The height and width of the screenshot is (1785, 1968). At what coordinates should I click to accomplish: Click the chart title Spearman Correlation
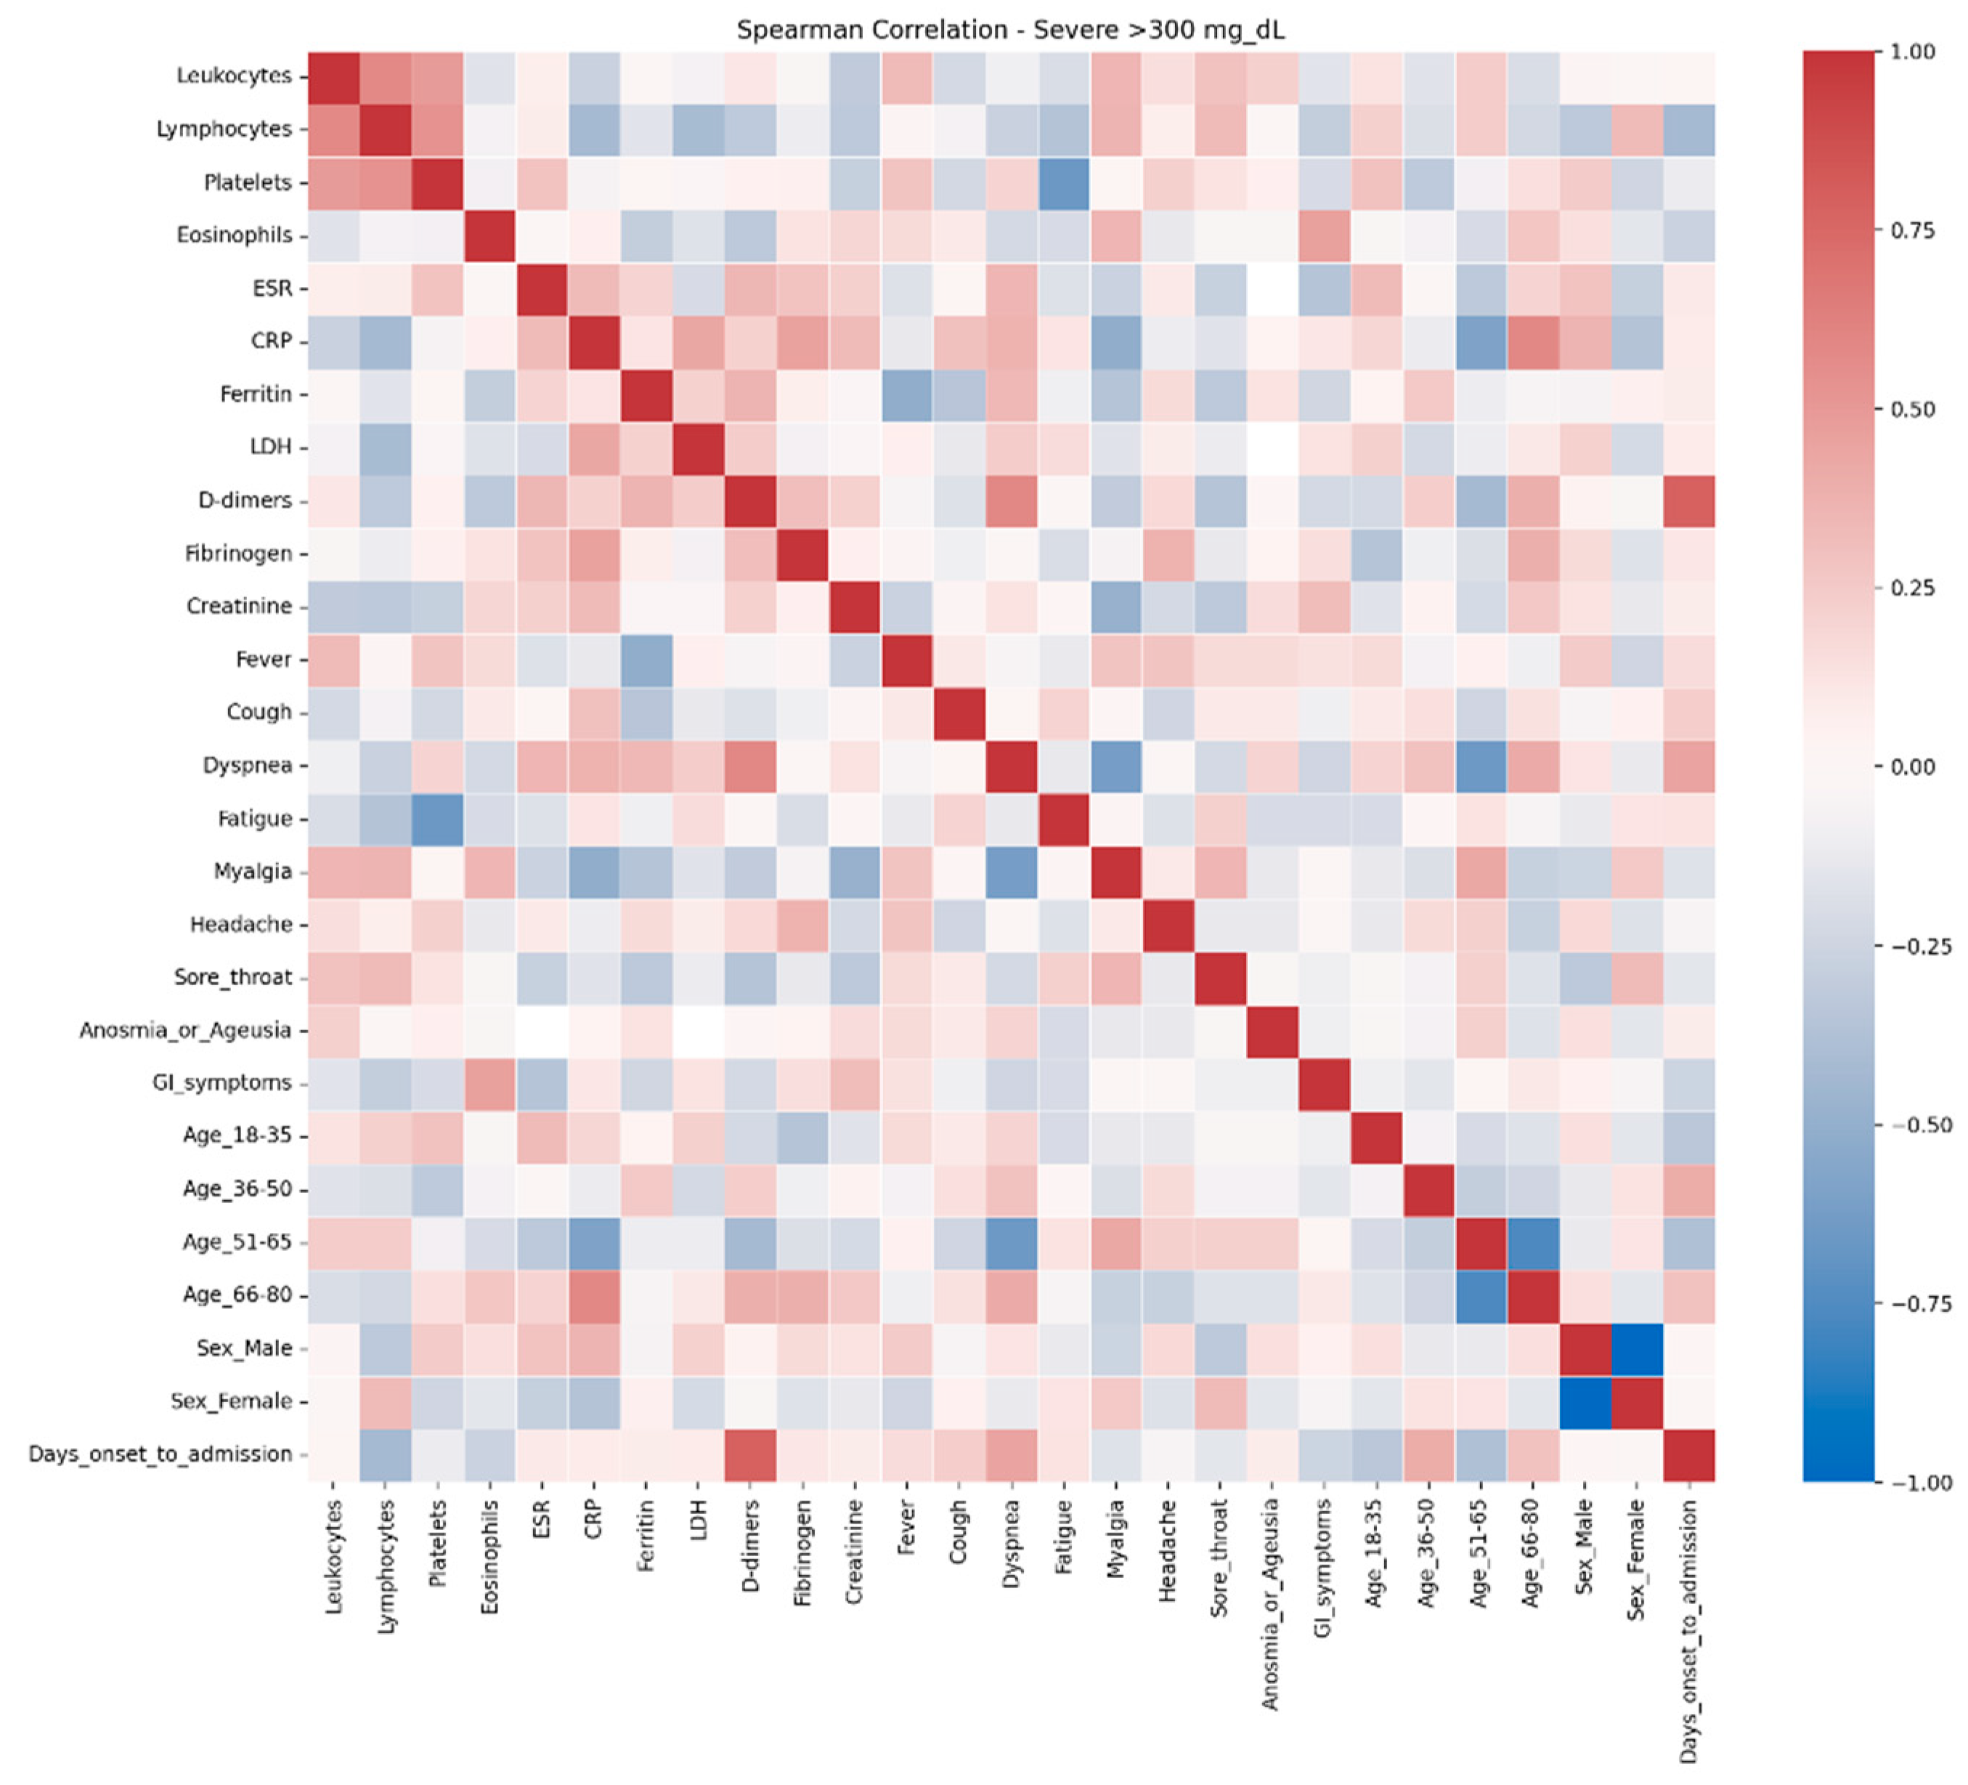coord(1010,31)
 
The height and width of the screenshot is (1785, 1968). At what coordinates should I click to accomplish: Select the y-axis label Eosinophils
coord(235,235)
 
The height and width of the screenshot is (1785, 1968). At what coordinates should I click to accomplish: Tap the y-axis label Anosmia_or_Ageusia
coord(185,1030)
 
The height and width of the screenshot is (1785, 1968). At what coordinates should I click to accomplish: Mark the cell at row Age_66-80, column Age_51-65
coord(1480,1296)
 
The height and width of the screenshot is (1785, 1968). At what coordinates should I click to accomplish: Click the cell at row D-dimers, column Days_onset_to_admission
coord(1689,501)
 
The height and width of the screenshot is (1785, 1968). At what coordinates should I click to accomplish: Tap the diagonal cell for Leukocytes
coord(334,76)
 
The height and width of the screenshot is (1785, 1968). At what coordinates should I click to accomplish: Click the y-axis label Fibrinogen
coord(238,554)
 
